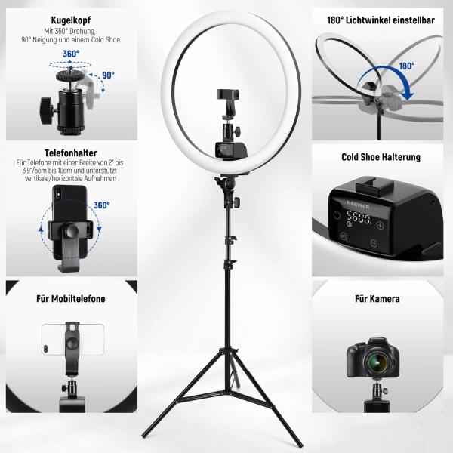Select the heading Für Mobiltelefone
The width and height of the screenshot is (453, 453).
(72, 299)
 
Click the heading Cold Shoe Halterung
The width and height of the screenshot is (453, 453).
(381, 158)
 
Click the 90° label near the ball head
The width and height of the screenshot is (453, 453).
(108, 75)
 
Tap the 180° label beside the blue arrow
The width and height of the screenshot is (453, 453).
(407, 66)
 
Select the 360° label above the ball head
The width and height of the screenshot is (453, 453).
(72, 54)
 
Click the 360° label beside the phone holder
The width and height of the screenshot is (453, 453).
(103, 205)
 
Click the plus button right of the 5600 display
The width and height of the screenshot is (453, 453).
(382, 224)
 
